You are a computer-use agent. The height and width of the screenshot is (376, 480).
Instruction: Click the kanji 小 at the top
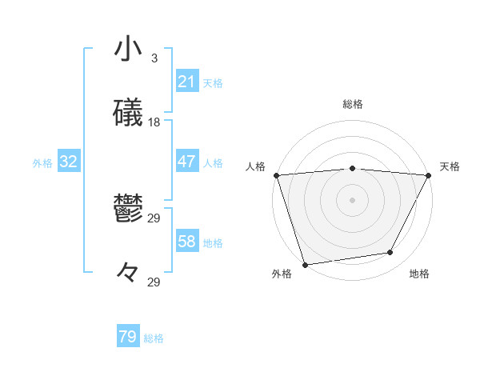point(128,49)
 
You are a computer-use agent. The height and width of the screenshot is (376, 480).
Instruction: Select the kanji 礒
point(128,113)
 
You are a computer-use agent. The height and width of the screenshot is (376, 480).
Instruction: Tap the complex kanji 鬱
point(128,209)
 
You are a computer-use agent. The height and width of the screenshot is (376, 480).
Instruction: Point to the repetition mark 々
point(128,273)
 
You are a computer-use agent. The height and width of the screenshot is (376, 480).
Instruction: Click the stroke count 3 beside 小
point(154,58)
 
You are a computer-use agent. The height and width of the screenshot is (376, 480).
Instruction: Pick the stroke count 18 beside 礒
point(154,122)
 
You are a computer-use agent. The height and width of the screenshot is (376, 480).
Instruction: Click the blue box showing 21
point(186,82)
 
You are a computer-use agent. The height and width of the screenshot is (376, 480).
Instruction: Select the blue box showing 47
point(186,162)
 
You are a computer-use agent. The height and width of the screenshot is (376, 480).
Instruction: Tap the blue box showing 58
point(186,242)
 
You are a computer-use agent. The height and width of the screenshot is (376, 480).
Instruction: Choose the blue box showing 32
point(69,162)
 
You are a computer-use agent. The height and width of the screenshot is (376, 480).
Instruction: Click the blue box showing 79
point(128,337)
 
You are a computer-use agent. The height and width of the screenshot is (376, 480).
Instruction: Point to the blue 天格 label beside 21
point(213,83)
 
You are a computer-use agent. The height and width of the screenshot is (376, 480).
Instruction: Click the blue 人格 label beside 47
point(213,163)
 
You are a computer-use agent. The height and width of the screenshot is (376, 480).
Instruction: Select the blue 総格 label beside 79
point(154,338)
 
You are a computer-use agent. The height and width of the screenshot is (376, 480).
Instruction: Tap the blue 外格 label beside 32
point(42,163)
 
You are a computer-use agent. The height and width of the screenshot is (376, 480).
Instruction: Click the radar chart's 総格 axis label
point(352,104)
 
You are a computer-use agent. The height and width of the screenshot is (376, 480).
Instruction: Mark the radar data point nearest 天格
point(429,175)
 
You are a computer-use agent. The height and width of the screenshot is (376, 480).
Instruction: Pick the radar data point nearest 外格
point(305,264)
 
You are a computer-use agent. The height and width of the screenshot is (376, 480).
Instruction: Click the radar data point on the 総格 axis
point(352,168)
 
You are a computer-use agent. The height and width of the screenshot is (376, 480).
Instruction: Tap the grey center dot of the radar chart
point(352,199)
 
